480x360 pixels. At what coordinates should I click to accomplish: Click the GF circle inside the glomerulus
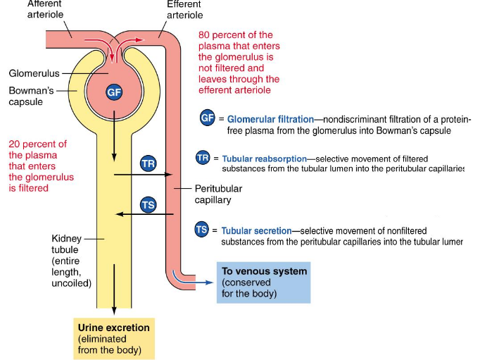point(114,92)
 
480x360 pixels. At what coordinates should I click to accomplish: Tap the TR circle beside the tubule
point(148,163)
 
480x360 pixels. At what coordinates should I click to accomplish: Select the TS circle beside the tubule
point(148,205)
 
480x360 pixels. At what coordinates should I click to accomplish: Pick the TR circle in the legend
point(203,158)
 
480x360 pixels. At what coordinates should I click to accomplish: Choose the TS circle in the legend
point(202,230)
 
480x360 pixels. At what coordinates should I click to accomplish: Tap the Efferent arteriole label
point(184,9)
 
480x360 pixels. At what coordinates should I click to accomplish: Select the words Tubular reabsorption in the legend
point(263,159)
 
